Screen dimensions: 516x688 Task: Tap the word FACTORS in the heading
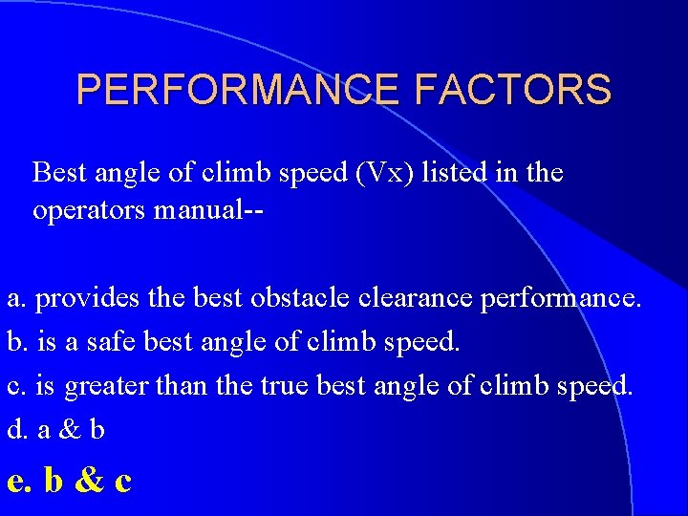click(x=513, y=90)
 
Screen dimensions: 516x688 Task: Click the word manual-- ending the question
click(x=210, y=210)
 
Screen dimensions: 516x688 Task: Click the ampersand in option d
click(x=69, y=430)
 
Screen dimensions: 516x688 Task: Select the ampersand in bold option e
click(x=88, y=480)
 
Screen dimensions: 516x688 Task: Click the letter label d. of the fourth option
click(x=17, y=430)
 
